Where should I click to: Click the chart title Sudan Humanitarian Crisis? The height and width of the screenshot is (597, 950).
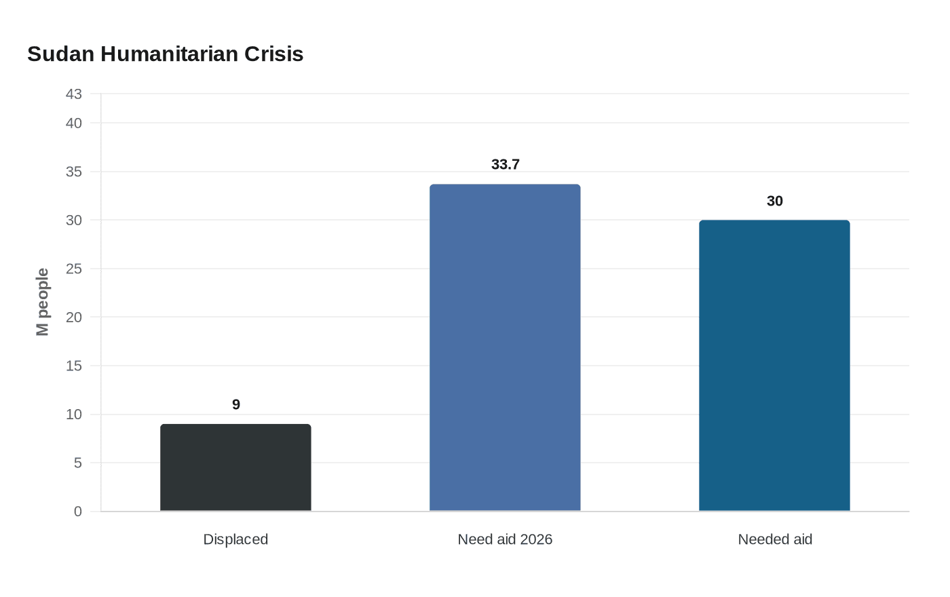point(165,54)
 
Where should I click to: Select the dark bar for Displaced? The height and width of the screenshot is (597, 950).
point(235,467)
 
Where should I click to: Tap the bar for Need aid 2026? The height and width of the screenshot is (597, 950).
point(505,347)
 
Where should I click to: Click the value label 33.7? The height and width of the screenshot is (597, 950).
point(505,165)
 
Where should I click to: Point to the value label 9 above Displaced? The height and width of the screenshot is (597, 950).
point(236,405)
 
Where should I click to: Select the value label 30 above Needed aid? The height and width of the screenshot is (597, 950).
point(774,201)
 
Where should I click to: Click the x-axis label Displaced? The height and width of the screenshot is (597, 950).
point(235,539)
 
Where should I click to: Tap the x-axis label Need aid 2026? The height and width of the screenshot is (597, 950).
point(505,539)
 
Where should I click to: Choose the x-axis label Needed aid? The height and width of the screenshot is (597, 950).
point(775,539)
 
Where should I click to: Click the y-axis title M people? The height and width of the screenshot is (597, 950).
point(43,302)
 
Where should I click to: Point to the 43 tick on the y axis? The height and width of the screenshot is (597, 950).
point(74,94)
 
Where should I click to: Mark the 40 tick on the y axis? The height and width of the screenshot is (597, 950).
point(74,123)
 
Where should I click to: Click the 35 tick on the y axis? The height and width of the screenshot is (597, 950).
point(74,172)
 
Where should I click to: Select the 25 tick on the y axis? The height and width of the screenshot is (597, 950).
point(74,269)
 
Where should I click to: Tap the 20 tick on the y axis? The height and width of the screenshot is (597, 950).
point(74,317)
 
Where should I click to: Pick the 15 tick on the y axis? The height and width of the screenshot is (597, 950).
point(74,366)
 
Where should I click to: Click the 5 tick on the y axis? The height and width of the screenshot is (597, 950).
point(78,463)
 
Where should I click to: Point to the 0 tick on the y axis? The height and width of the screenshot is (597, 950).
point(78,512)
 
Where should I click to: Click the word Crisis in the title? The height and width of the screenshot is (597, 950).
point(273,54)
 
